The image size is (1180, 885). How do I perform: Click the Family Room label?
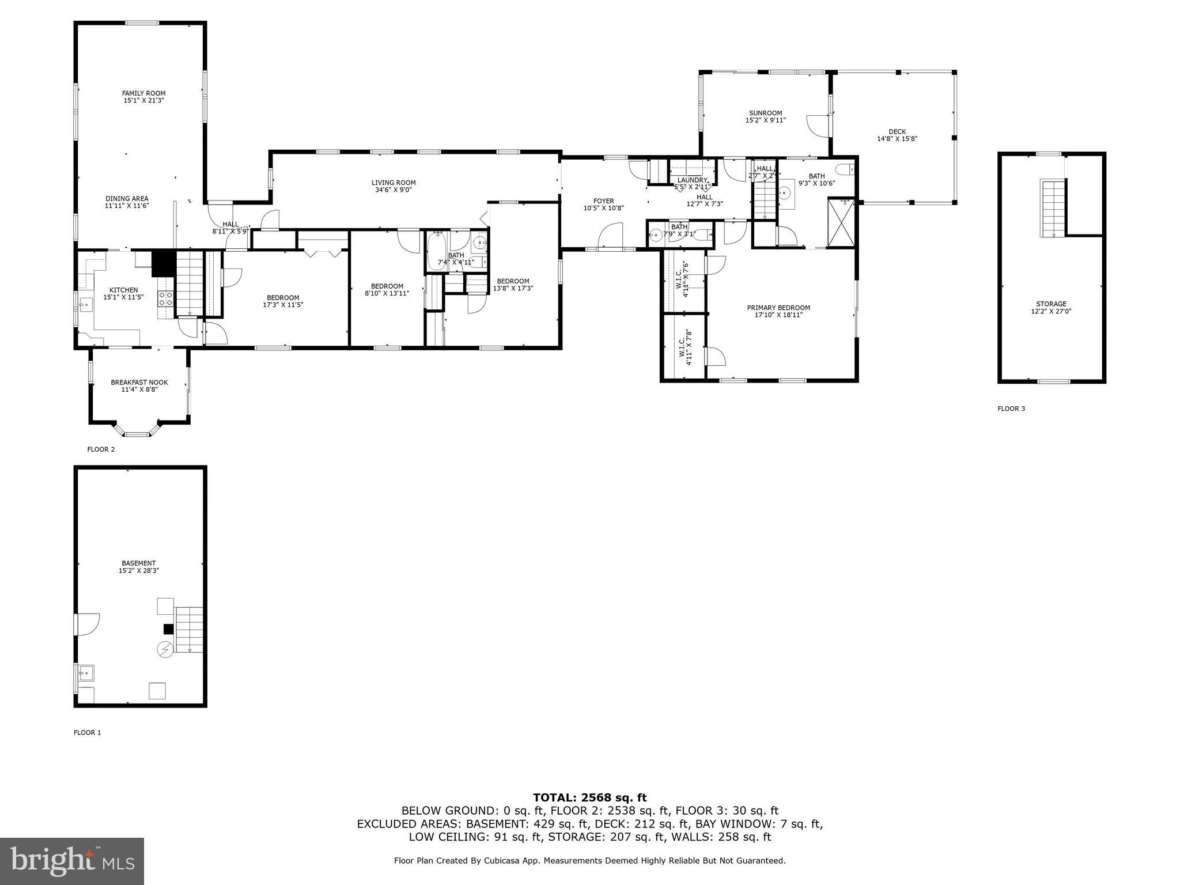tap(143, 93)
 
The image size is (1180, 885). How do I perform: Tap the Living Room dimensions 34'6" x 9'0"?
tap(394, 190)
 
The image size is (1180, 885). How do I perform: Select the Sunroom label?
tap(765, 113)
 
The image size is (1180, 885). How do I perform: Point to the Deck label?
tap(897, 132)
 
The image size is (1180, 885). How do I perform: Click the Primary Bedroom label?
tap(778, 308)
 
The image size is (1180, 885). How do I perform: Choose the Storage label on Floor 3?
tap(1051, 304)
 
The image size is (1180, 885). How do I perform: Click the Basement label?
tap(138, 563)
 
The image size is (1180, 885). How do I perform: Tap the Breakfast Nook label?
tap(139, 382)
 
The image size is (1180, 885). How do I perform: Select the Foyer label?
tap(603, 201)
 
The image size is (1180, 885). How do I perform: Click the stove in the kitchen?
tap(166, 298)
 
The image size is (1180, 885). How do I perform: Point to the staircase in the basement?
tap(189, 629)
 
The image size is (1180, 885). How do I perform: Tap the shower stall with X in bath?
tap(841, 223)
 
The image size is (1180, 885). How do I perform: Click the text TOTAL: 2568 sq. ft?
tap(589, 797)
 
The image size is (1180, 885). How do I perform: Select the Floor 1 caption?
tap(87, 732)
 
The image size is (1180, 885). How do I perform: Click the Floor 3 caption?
tap(1011, 409)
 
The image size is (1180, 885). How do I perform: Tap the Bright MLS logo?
tap(71, 861)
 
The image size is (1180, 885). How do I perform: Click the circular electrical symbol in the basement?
tap(165, 649)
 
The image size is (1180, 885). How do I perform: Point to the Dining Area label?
tap(127, 198)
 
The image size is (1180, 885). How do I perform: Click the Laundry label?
tap(691, 180)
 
